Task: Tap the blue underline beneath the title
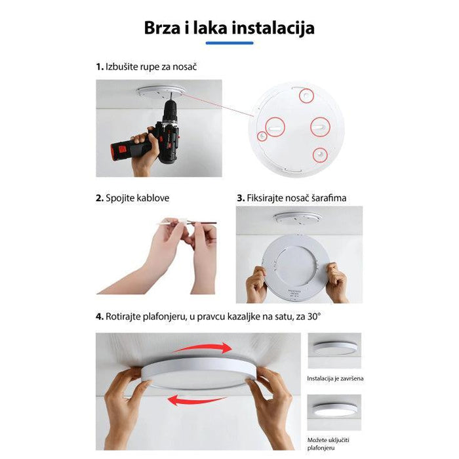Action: coord(229,43)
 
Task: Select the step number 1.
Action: coord(99,67)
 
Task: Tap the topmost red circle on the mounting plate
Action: coord(306,96)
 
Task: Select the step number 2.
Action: coord(100,197)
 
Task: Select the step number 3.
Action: coord(240,197)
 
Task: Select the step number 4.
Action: coord(100,316)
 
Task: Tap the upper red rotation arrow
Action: coord(203,348)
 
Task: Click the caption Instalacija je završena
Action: coord(336,378)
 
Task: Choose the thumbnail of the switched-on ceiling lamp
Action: coord(336,412)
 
